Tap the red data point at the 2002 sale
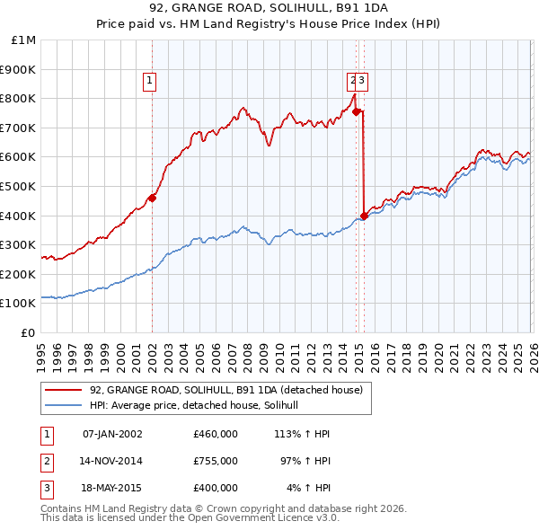(152, 198)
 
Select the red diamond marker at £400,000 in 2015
(364, 216)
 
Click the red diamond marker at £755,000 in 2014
(357, 111)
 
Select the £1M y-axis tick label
(23, 40)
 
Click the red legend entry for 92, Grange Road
(225, 390)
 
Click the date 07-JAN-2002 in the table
(112, 434)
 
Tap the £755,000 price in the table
(216, 461)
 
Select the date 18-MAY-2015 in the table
(112, 488)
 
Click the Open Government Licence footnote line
(190, 517)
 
